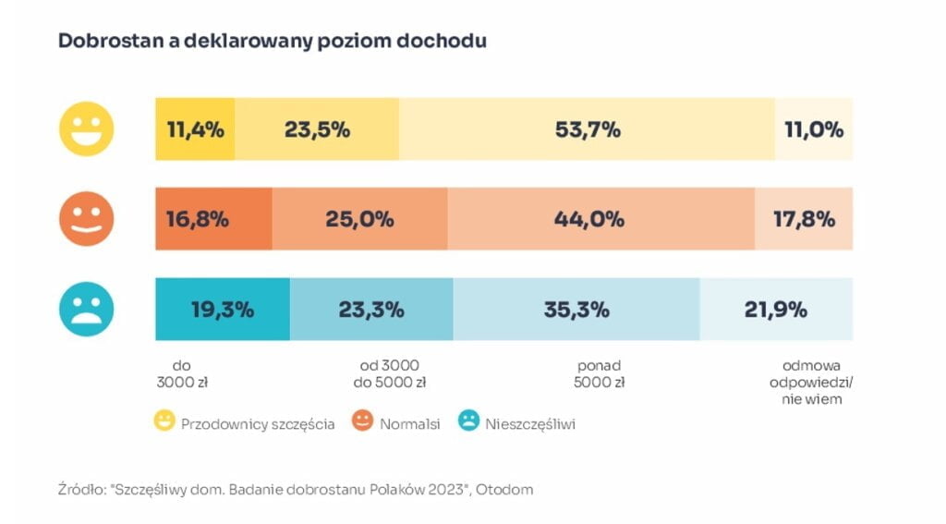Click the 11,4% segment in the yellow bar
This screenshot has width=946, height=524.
point(195,129)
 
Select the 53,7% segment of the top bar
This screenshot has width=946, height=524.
point(587,129)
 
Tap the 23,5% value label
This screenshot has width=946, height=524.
point(317,129)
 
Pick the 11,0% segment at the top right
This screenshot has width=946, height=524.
point(813,129)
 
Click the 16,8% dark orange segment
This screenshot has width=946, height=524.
point(213,219)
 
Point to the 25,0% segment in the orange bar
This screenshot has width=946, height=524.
point(359,219)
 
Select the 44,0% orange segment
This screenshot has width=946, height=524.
point(600,219)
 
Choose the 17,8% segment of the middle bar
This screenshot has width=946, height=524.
point(804,219)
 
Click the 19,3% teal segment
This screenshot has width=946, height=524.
point(222,310)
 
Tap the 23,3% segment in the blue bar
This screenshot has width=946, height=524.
point(370,310)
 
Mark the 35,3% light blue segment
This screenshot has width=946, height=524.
point(576,310)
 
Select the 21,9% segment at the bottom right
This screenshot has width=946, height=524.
point(776,310)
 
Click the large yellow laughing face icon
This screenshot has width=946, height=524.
point(87,129)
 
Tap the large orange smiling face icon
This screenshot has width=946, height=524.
point(87,219)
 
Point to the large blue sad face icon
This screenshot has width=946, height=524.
point(87,310)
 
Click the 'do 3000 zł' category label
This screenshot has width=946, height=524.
point(184,373)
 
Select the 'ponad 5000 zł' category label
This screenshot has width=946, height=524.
point(600,373)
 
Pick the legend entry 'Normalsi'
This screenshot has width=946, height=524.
point(409,423)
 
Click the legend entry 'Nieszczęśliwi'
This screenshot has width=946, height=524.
point(529,423)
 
